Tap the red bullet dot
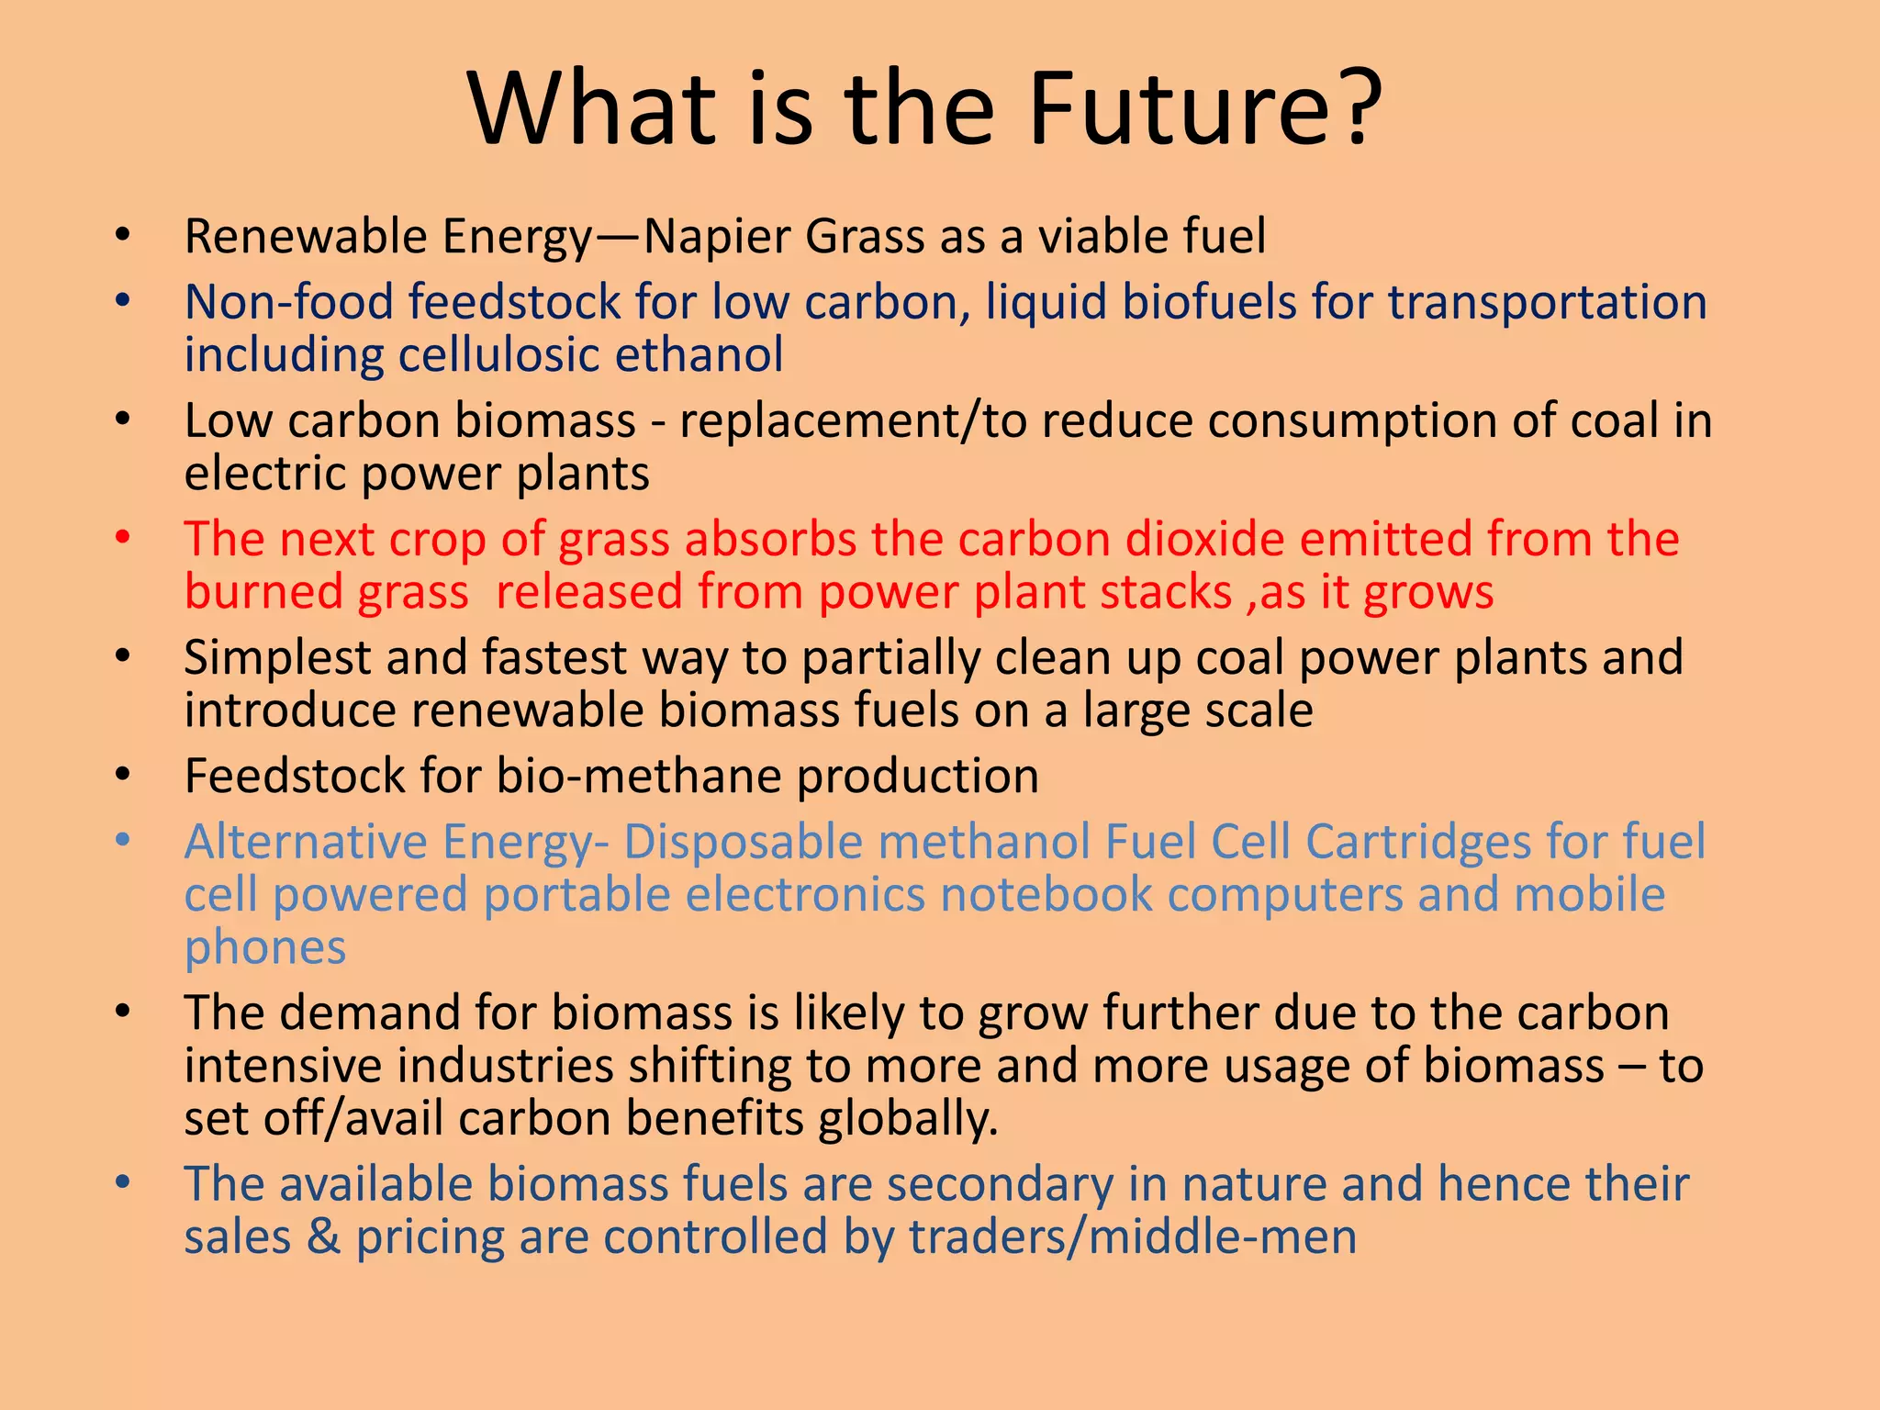[x=123, y=538]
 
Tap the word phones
[x=265, y=948]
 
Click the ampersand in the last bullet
[x=323, y=1237]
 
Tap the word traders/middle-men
[x=1133, y=1237]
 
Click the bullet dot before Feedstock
[x=123, y=776]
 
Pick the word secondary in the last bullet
[x=1000, y=1184]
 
